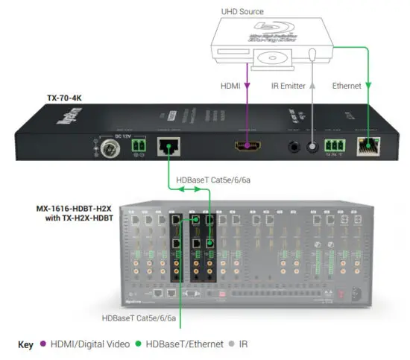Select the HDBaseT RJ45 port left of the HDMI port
click(x=168, y=145)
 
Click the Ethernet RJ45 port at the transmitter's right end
click(x=366, y=145)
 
